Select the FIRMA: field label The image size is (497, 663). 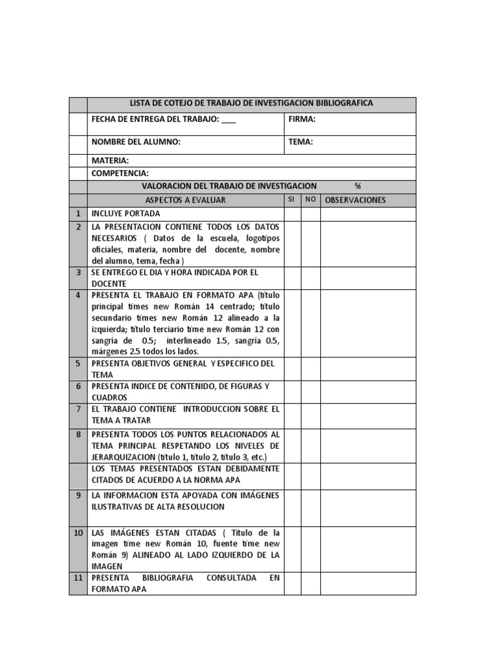302,119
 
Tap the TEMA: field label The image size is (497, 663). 301,142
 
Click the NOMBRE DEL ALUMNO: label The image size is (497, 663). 136,142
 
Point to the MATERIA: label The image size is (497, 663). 110,161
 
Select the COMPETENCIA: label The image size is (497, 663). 120,173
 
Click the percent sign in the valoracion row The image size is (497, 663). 358,186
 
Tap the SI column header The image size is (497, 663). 292,199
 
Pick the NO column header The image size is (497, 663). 311,199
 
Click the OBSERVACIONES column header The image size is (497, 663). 355,200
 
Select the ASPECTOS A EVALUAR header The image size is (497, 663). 185,200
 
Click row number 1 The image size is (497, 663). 78,214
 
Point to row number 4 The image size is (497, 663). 78,295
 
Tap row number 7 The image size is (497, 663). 78,409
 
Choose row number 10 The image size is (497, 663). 78,532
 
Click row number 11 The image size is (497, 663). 78,577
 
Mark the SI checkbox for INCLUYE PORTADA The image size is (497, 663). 293,214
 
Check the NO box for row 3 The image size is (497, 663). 311,278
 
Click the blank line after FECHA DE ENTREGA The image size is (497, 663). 228,120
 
